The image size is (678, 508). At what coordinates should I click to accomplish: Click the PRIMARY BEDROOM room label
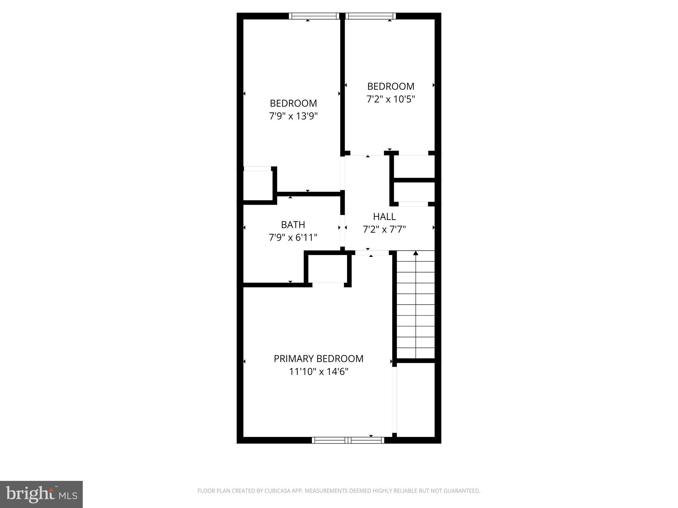point(318,359)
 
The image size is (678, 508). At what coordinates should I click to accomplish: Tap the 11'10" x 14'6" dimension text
point(318,372)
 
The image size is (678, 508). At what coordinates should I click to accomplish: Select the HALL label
point(384,217)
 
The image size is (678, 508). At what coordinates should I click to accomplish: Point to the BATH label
point(293,225)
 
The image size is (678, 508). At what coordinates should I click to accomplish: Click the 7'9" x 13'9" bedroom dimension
point(293,116)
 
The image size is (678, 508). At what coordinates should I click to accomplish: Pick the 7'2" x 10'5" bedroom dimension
point(391,99)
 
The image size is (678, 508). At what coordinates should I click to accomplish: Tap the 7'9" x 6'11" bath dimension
point(293,237)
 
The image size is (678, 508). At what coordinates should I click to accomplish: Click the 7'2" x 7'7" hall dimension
point(384,229)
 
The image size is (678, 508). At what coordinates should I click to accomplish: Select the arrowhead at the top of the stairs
point(415,253)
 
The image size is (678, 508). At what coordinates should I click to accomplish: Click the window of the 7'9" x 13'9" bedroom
point(314,16)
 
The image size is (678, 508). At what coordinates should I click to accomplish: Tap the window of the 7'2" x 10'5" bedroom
point(370,16)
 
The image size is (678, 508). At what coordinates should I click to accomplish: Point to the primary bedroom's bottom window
point(348,440)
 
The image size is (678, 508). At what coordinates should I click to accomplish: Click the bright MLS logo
point(41,494)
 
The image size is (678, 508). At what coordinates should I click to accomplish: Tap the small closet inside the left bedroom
point(258,185)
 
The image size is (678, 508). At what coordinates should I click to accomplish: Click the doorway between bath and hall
point(343,232)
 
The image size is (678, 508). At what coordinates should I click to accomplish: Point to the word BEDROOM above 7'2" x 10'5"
point(391,86)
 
